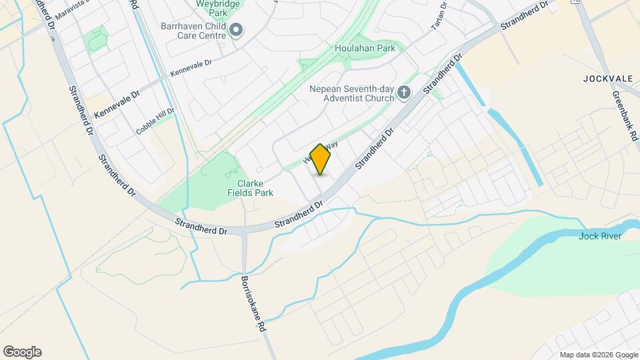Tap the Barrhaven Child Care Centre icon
237,30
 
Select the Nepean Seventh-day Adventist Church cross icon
404,93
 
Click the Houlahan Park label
365,48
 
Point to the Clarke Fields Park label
255,188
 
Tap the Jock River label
600,236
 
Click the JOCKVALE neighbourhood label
607,78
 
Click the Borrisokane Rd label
255,305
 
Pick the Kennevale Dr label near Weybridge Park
190,67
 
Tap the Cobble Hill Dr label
155,121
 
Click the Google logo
22,352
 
